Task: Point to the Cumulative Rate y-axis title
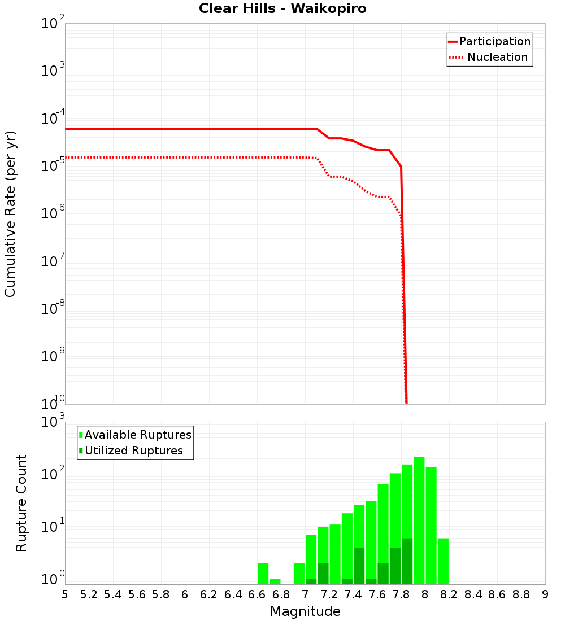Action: point(10,214)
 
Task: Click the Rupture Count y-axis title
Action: point(21,503)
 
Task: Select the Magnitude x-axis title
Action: point(305,611)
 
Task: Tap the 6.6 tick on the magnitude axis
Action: point(257,594)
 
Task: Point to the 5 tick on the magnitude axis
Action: point(65,594)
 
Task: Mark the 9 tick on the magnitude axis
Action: point(545,594)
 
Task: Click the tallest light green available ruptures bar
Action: point(419,519)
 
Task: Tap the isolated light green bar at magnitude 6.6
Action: point(263,574)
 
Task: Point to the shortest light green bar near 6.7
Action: point(275,581)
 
